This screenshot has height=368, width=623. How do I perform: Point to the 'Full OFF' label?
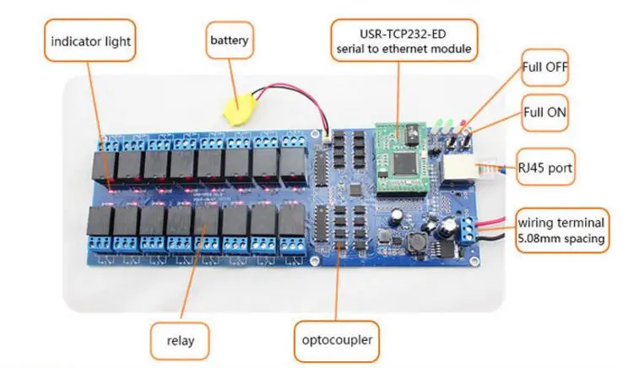click(544, 68)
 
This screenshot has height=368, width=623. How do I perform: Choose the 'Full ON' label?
click(544, 111)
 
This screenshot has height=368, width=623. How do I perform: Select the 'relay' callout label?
click(181, 339)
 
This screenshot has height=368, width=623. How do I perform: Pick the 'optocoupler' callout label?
click(336, 339)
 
